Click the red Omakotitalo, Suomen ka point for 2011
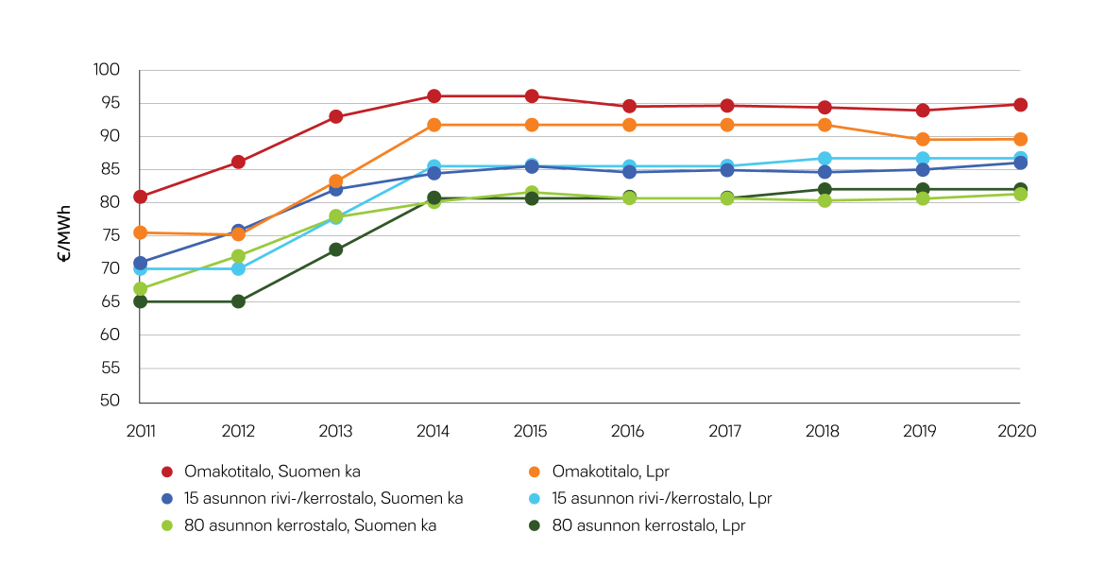coord(140,197)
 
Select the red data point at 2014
coord(433,95)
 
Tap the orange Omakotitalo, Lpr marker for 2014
coord(433,125)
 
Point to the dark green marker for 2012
coord(238,301)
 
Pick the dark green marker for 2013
coord(335,249)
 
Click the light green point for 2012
coord(238,256)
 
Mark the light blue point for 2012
coord(238,268)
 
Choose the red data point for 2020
coord(1020,105)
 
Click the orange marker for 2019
coord(922,139)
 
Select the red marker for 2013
coord(335,117)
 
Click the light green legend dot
coord(167,525)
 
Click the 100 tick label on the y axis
coord(107,70)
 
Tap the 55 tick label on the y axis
coord(110,368)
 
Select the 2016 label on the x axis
coord(628,431)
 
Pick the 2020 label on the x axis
coord(1018,431)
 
